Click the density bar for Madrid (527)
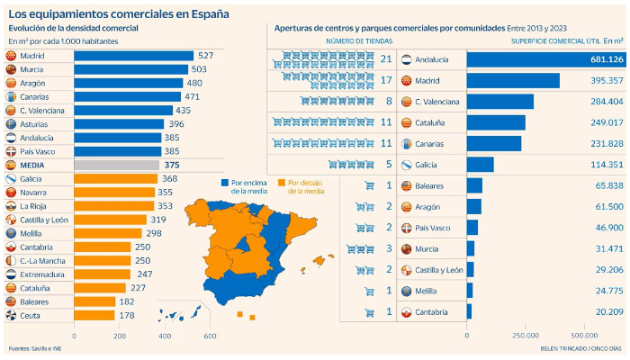pyautogui.click(x=133, y=57)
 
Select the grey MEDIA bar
pyautogui.click(x=116, y=166)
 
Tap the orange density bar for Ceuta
pyautogui.click(x=94, y=316)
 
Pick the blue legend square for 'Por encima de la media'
pyautogui.click(x=224, y=183)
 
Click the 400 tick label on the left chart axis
pyautogui.click(x=165, y=336)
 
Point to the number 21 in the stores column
pyautogui.click(x=385, y=59)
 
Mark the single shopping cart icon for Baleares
pyautogui.click(x=369, y=185)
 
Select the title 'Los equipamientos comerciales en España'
pyautogui.click(x=118, y=13)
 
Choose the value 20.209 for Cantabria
pyautogui.click(x=607, y=311)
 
